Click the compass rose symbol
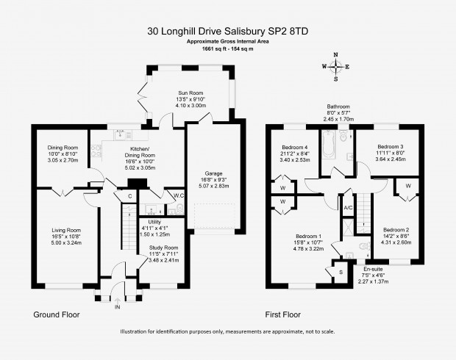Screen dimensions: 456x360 (336, 67)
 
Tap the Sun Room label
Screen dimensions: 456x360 (190, 93)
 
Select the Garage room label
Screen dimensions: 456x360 (214, 173)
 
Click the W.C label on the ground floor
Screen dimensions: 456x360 (179, 195)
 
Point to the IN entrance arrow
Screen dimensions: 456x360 (118, 301)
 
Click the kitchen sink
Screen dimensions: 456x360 (120, 134)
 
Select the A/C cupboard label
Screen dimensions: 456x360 (348, 208)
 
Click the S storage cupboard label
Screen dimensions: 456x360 (341, 273)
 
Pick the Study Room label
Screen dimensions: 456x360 (163, 248)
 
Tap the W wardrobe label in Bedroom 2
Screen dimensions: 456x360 (408, 186)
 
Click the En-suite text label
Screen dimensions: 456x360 (373, 270)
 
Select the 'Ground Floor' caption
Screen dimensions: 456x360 (57, 314)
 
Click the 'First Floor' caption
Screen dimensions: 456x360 (282, 314)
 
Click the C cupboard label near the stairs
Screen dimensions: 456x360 (129, 196)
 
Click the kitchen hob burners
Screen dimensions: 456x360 (96, 151)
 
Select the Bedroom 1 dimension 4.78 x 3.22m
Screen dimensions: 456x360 (309, 249)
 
